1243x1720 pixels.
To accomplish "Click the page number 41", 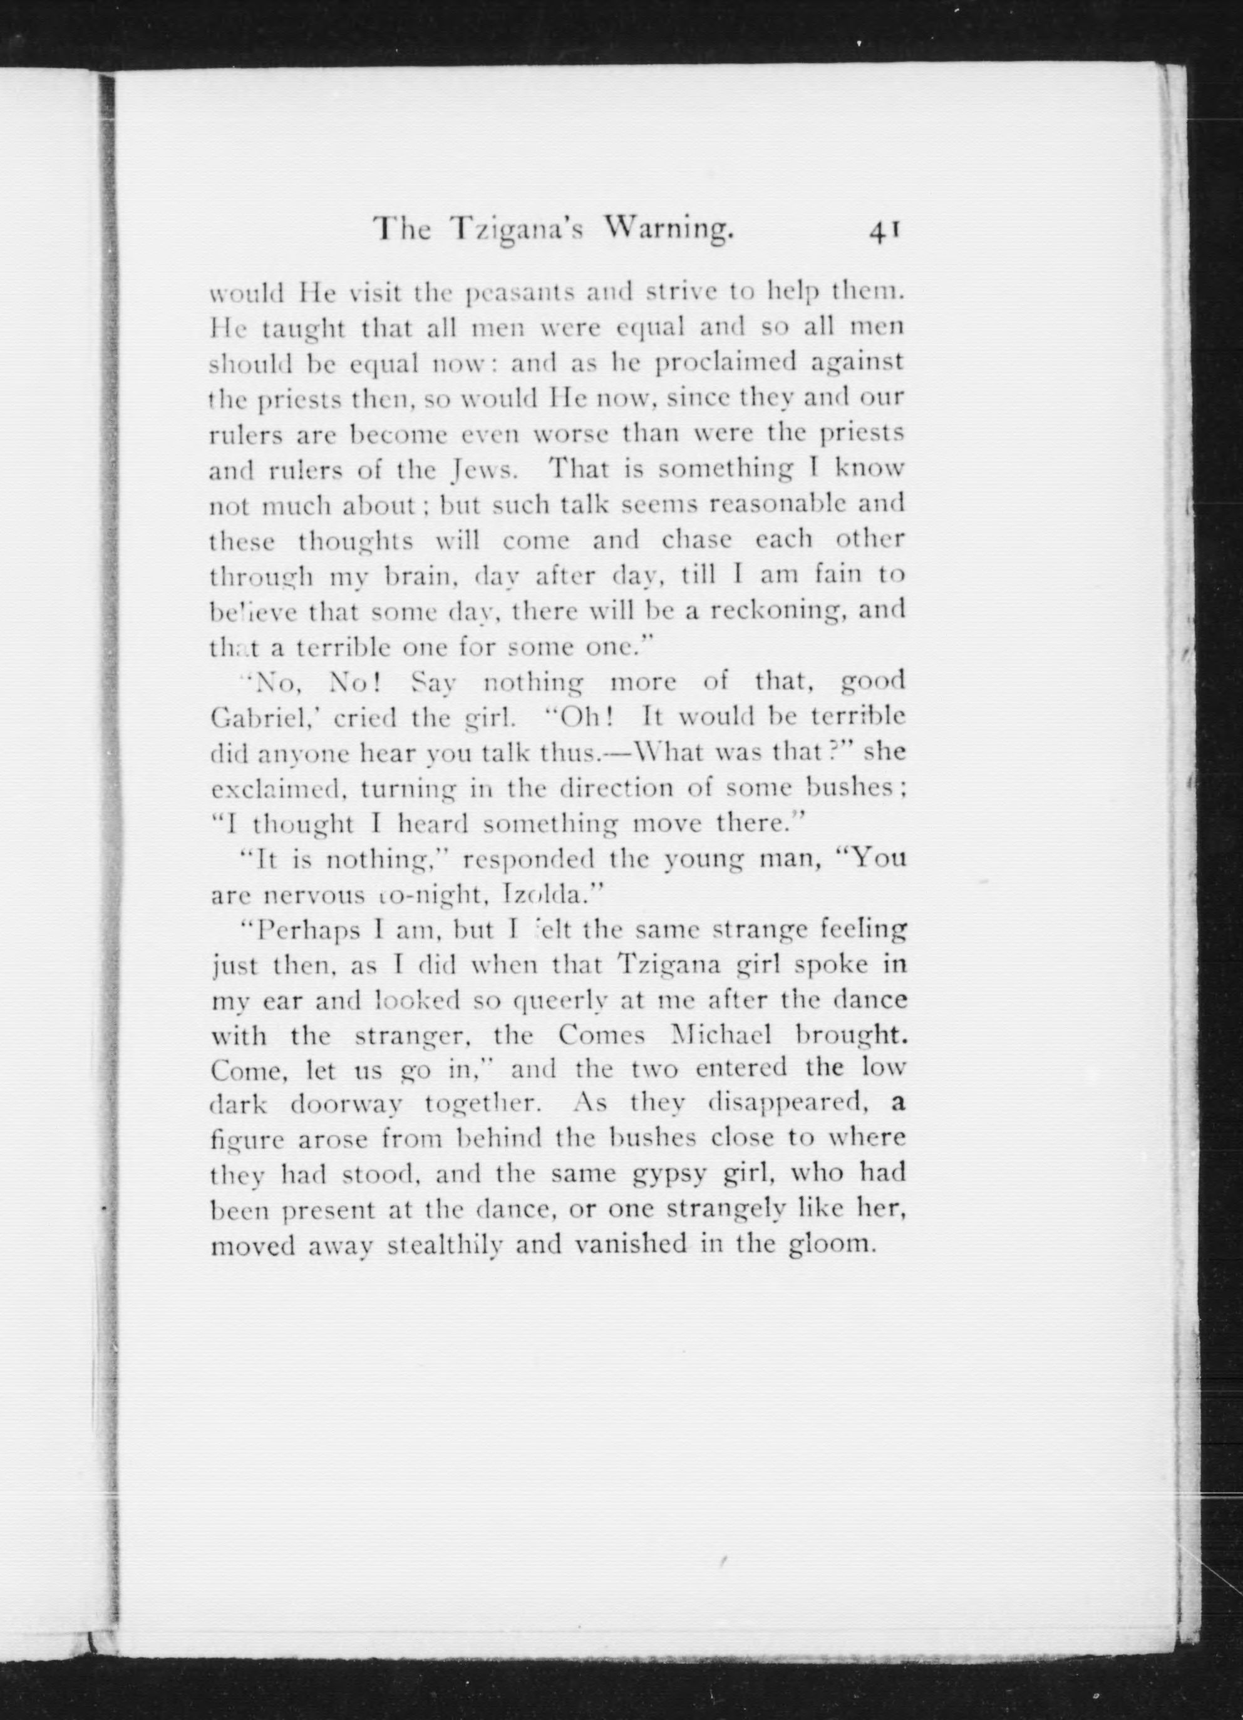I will point(884,230).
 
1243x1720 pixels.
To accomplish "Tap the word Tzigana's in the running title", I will point(516,230).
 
